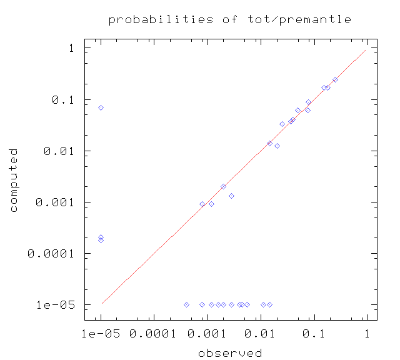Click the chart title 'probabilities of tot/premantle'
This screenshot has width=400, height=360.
230,19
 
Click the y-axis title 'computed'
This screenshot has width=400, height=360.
13,180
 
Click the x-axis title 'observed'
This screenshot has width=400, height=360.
230,353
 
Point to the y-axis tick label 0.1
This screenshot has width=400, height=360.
63,100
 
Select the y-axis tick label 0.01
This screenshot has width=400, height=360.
59,151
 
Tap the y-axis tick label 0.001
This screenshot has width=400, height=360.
55,202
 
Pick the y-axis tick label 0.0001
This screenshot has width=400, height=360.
51,254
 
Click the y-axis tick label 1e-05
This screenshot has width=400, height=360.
56,305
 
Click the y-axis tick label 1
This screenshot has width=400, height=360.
72,48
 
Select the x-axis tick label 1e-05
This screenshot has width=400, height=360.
101,334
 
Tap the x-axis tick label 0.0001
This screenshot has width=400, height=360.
152,334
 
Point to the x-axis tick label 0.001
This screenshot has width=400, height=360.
207,334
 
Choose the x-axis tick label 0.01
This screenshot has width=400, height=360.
259,334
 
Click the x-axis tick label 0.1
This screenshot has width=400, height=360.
314,334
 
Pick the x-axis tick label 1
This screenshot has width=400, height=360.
367,334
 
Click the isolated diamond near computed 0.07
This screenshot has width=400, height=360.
101,108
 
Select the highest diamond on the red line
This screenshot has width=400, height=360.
335,80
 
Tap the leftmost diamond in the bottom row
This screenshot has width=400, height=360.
186,304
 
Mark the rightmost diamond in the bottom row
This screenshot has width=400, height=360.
270,304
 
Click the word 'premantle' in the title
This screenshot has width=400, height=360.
315,19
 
